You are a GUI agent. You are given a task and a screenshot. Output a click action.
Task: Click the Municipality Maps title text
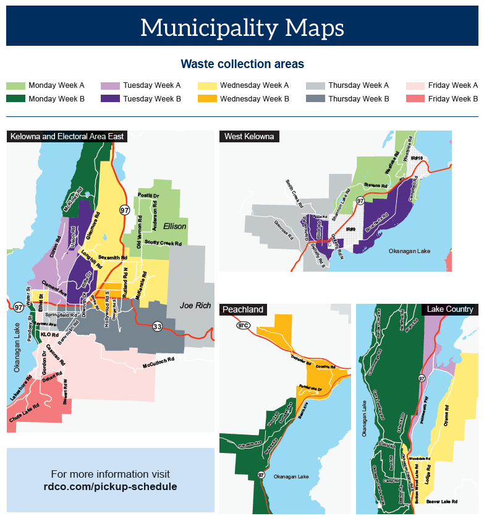242,28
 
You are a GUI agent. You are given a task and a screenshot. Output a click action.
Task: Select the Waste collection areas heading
242,64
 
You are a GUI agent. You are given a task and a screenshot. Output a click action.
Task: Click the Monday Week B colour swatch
15,98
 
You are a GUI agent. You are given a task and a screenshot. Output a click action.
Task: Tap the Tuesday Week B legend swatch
110,98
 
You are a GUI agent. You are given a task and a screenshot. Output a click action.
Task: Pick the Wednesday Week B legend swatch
207,98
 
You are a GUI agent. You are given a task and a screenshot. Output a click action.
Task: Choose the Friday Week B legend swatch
415,98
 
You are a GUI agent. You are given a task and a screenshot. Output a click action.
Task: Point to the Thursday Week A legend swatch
315,85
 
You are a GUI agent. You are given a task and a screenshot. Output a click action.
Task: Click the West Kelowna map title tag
248,136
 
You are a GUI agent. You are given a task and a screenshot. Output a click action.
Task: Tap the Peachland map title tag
243,309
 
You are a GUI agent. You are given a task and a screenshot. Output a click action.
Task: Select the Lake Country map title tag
450,309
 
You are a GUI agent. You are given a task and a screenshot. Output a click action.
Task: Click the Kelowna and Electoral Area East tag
67,136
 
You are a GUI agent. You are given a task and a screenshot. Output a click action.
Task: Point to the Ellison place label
174,226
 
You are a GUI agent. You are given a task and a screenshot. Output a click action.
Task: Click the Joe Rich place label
195,306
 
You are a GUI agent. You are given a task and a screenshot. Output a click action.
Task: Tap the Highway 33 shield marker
158,326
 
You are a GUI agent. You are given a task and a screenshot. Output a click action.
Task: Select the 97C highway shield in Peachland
243,325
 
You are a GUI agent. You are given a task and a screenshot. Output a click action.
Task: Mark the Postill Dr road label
148,196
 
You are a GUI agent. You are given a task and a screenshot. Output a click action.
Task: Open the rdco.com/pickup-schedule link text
110,487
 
